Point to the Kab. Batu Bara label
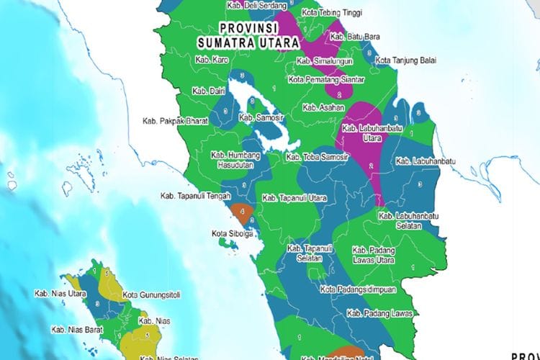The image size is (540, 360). [x=355, y=36]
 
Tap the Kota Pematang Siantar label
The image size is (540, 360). [x=326, y=79]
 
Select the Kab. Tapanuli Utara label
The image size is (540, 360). [x=294, y=197]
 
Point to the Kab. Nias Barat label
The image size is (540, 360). [x=76, y=328]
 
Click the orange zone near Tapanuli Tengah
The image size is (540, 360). [x=243, y=212]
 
